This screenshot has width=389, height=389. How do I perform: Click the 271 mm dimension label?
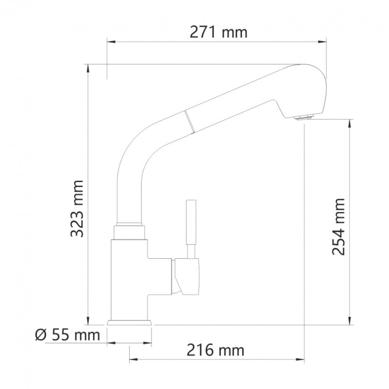point(218,33)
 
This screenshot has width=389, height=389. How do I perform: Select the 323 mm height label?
point(77,209)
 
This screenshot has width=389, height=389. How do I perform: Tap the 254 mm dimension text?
point(338,227)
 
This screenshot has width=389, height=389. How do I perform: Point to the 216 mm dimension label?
point(215,350)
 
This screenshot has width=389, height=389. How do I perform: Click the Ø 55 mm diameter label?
point(67,335)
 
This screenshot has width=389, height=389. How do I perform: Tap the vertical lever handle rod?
point(191,229)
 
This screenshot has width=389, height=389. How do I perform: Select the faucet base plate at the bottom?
point(129,323)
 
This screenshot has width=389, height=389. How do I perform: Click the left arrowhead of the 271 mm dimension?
point(112,41)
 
